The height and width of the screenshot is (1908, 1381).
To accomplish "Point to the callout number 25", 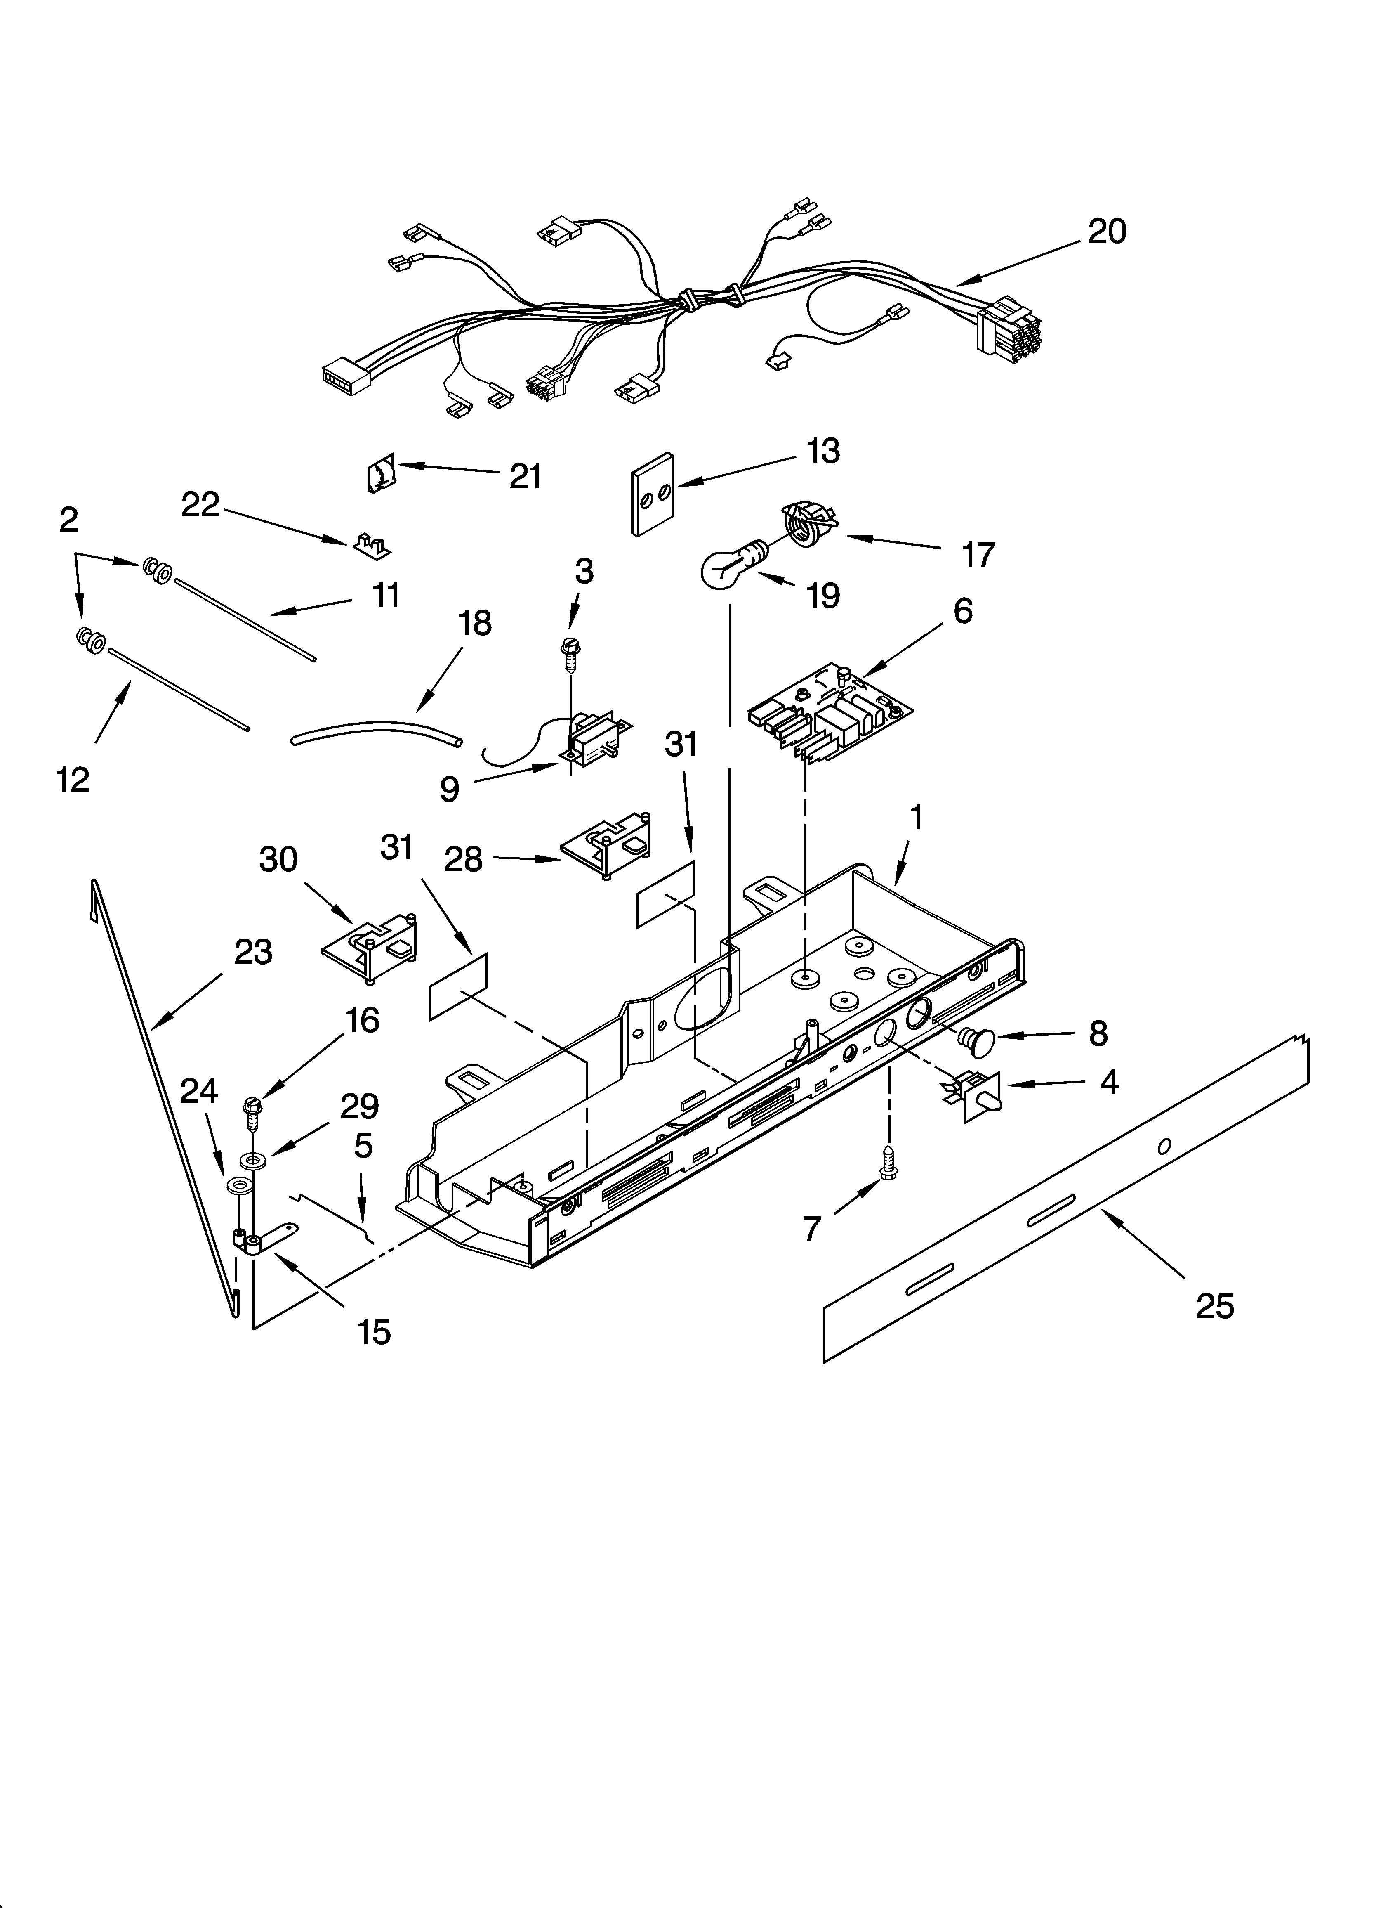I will click(1214, 1306).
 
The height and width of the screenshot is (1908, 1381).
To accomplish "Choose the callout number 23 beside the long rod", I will click(253, 952).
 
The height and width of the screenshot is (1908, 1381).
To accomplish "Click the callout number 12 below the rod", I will click(73, 781).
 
